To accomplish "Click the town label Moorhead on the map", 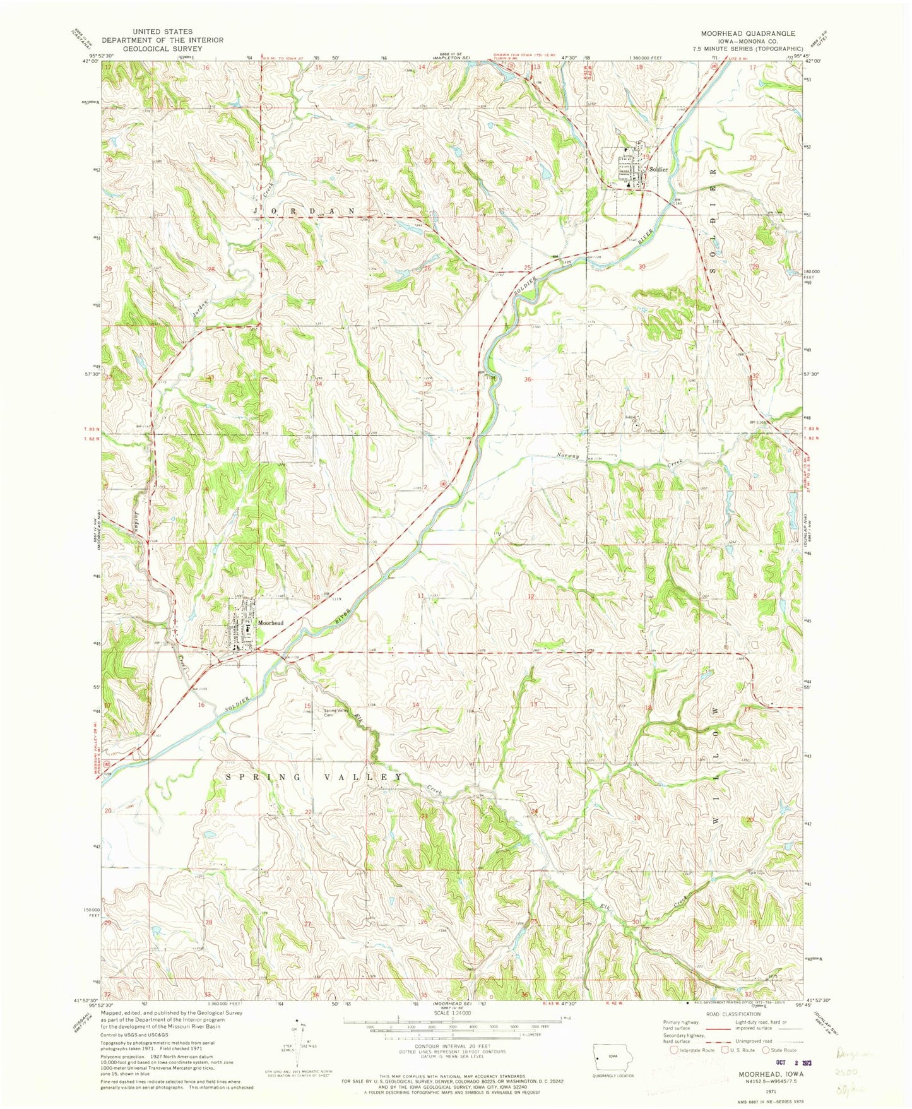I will pos(270,623).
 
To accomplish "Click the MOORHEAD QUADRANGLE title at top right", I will pos(743,33).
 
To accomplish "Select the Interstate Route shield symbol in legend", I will pos(674,1051).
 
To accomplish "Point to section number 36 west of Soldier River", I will pos(528,380).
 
